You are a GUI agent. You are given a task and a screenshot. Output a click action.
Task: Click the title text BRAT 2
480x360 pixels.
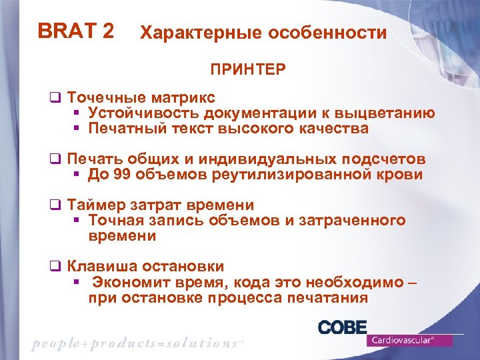coord(75,31)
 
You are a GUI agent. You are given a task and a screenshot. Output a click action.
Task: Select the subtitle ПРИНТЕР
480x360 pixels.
coord(249,69)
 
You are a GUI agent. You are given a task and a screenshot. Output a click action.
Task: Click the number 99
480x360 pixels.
coord(121,175)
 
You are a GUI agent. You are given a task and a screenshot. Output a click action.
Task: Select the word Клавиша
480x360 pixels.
coord(103,267)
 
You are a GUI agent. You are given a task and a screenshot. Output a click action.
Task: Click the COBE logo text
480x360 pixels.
coord(342,327)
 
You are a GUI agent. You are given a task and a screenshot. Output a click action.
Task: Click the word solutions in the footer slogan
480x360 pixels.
coord(194,343)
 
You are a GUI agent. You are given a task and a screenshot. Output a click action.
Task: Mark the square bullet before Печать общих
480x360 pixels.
coord(56,160)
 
